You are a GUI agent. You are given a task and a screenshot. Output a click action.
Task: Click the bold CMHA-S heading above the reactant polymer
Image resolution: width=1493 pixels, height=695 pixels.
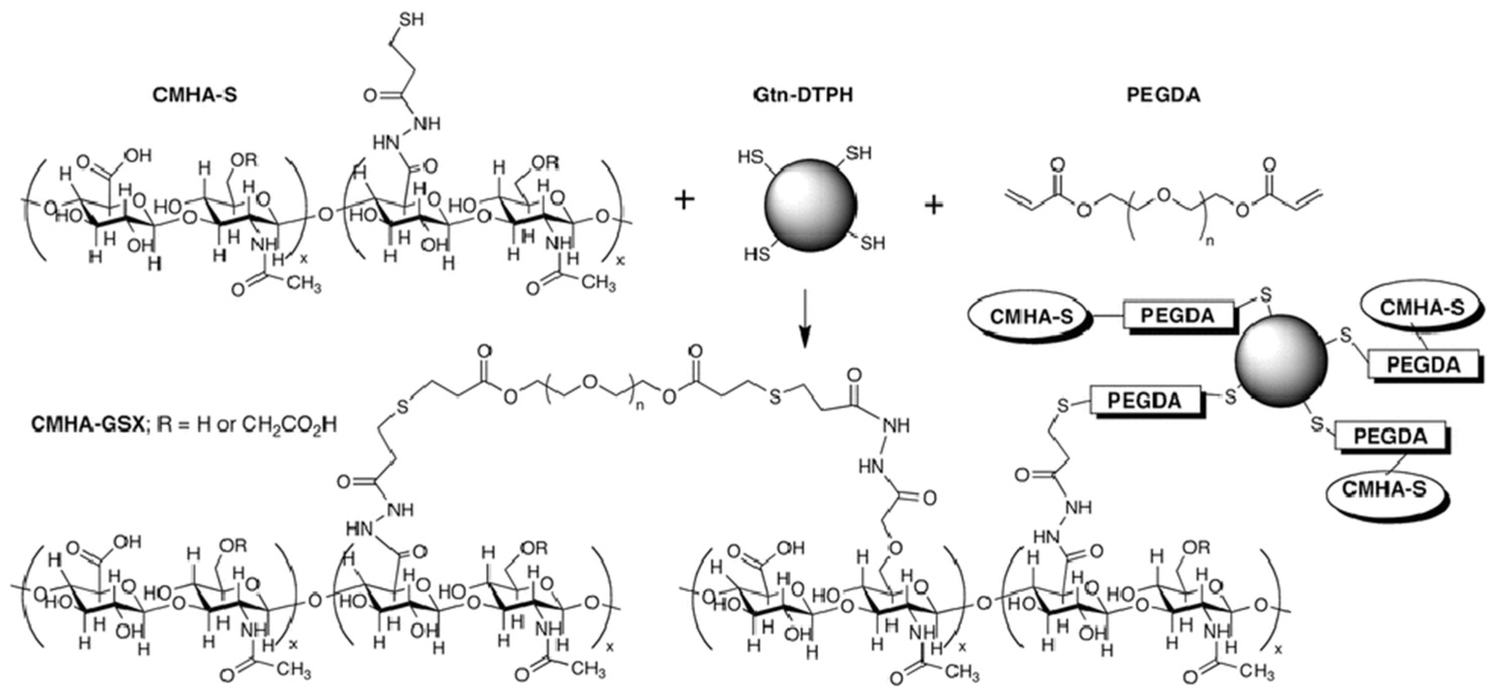point(195,94)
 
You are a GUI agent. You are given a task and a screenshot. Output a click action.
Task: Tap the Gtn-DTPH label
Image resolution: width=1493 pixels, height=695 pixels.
point(803,94)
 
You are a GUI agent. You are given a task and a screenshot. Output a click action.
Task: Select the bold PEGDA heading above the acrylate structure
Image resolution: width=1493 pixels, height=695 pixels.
point(1163,94)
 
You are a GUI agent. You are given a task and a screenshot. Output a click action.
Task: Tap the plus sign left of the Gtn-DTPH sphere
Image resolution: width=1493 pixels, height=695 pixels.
point(684,201)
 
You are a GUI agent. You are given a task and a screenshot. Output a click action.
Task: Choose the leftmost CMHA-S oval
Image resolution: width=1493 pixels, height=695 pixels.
point(1030,317)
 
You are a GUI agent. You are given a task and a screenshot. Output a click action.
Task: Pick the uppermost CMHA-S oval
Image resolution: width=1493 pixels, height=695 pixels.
point(1422,307)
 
